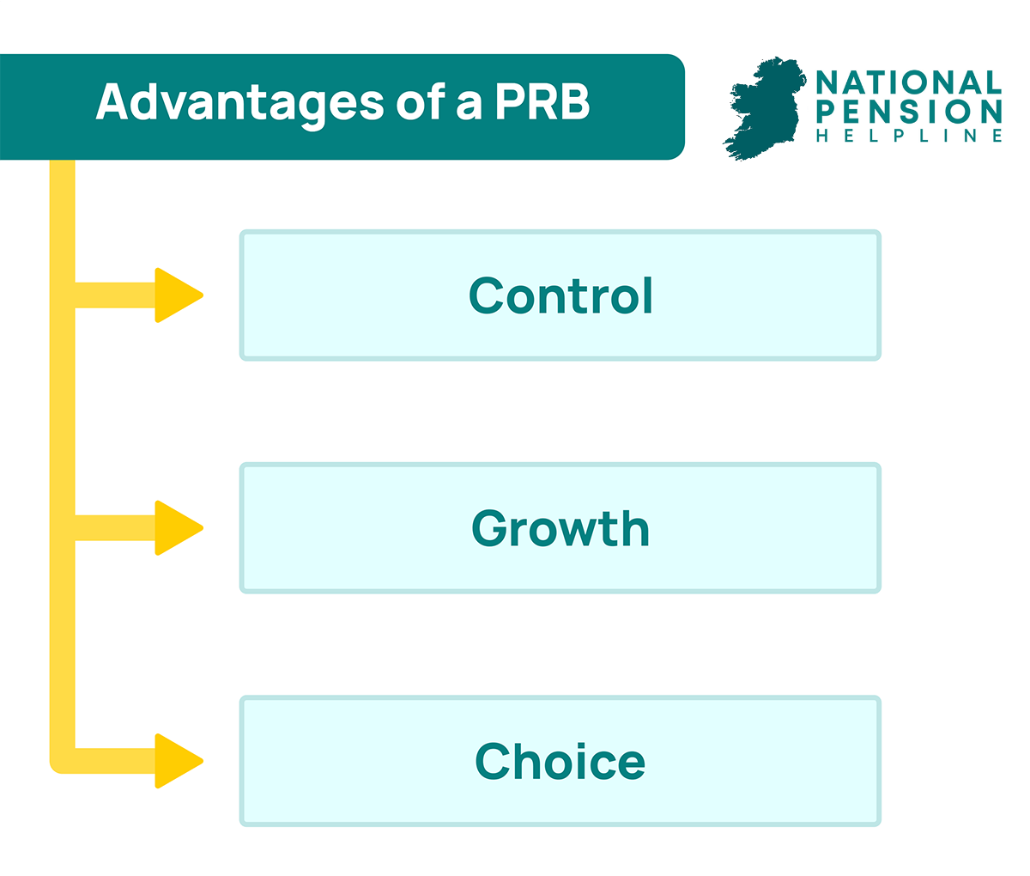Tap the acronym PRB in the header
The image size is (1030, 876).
542,101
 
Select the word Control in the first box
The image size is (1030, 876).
560,295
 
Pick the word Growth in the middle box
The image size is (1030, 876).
560,528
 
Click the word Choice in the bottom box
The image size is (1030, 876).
560,761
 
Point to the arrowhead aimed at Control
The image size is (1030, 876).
179,295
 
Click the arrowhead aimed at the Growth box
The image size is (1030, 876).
179,528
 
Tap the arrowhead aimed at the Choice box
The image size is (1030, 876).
179,761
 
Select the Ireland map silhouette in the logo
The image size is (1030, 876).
765,109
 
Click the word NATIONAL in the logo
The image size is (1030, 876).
908,82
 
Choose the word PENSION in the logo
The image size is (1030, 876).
909,112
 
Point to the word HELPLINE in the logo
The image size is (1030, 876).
909,136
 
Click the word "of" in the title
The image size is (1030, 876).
420,101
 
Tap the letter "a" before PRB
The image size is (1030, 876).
469,106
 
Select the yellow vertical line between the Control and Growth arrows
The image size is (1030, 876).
63,412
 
